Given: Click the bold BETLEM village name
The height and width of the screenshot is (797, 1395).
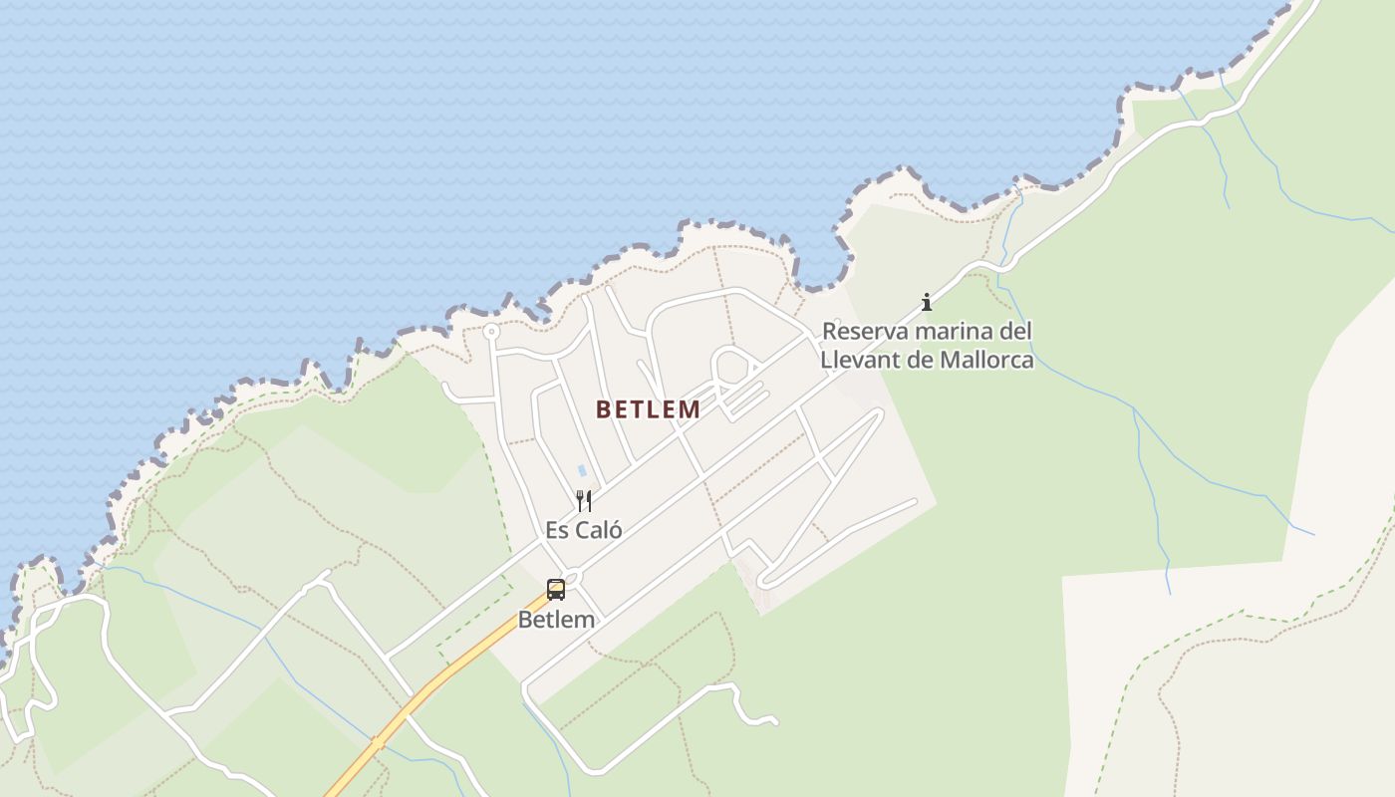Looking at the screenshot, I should click(648, 409).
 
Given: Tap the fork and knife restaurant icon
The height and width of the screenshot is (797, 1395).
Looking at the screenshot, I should click(584, 500).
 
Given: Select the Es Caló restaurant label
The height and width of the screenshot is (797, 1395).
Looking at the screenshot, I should click(584, 530).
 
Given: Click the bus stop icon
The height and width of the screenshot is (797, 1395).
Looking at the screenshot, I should click(556, 590).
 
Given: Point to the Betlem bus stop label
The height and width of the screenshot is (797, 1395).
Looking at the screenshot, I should click(556, 620).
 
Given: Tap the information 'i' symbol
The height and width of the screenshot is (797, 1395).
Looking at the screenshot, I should click(927, 301).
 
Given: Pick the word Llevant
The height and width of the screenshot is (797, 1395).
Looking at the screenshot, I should click(856, 360).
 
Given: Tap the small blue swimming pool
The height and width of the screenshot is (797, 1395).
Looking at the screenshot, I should click(581, 470).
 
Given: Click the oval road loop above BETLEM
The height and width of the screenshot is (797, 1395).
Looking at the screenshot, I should click(732, 367).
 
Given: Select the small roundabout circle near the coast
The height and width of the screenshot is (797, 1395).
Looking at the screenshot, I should click(490, 331).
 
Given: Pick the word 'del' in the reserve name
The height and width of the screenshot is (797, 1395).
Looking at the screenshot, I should click(1015, 331).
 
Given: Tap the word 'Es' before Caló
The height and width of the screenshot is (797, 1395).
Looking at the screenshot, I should click(557, 530).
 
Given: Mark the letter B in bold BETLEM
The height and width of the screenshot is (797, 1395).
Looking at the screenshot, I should click(603, 409).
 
